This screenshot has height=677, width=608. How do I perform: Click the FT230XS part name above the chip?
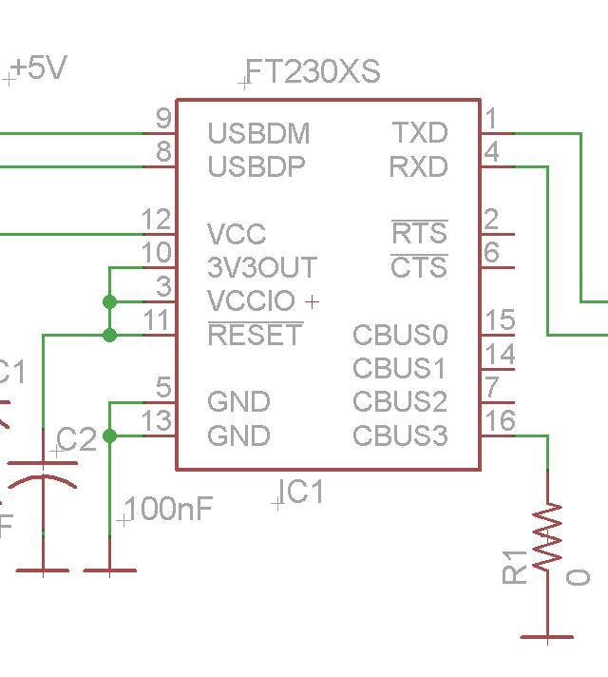click(x=313, y=72)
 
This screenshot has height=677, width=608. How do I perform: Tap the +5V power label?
click(x=40, y=68)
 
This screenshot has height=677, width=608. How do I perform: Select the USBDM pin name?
click(x=258, y=133)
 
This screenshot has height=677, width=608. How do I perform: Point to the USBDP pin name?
click(x=256, y=167)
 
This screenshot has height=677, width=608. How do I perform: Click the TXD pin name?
click(x=420, y=133)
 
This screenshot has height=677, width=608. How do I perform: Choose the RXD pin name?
click(x=418, y=167)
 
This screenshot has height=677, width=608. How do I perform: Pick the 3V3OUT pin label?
click(x=262, y=268)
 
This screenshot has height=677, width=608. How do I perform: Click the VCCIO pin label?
click(x=251, y=301)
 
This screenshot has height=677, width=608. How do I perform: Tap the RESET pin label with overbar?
click(x=255, y=336)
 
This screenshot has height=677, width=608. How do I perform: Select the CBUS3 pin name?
click(x=400, y=436)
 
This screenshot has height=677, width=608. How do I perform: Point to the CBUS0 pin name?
click(x=400, y=336)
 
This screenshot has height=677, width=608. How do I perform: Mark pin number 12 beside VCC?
click(x=156, y=220)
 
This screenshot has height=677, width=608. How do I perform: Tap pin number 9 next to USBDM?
click(x=163, y=119)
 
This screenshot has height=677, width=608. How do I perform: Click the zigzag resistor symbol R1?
click(x=548, y=538)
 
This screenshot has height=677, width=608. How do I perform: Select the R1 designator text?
click(x=515, y=567)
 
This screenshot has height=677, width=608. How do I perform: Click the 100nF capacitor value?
click(x=168, y=509)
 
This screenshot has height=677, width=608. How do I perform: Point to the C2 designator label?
click(x=77, y=439)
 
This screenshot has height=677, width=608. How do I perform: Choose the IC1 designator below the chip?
click(x=301, y=493)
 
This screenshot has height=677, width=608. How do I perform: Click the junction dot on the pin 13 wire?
click(x=109, y=435)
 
